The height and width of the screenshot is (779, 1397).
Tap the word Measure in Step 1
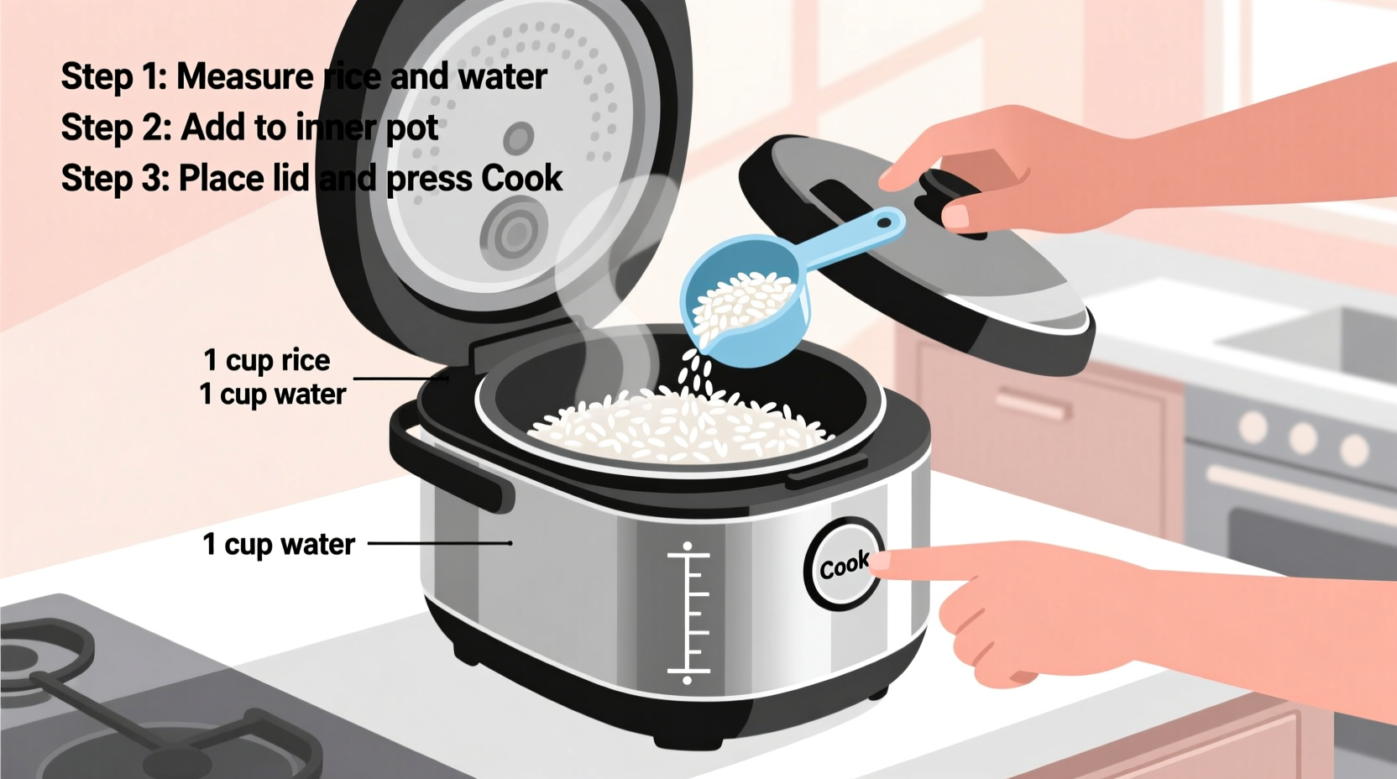pos(244,77)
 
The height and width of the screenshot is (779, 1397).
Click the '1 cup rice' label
pos(267,360)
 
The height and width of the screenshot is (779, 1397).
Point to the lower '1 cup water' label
pos(279,544)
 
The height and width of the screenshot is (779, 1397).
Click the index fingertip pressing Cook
pos(882,562)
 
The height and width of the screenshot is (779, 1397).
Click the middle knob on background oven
pos(1302,437)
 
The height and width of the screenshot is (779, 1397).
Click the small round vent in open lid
pos(518,138)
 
